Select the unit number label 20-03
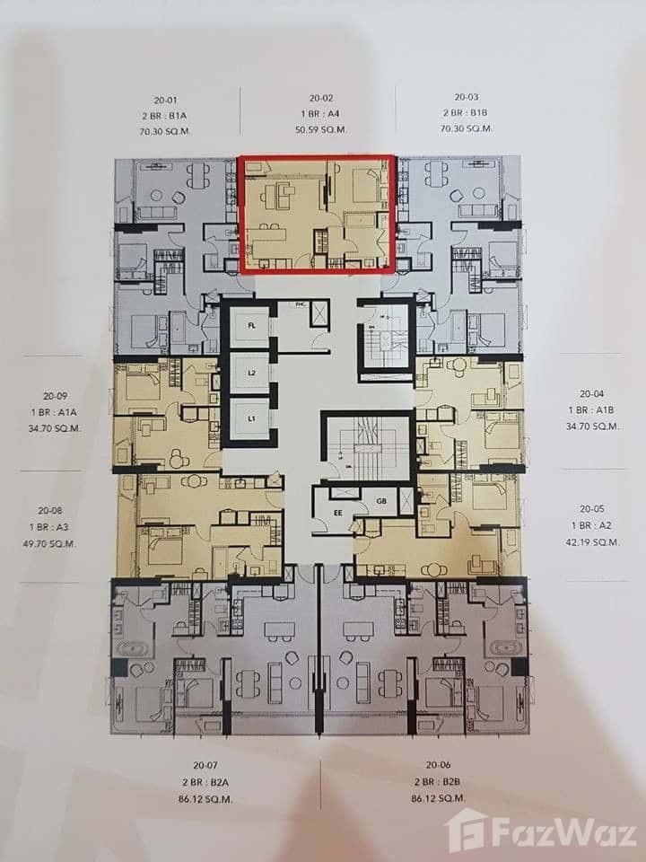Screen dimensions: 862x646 tap(466, 97)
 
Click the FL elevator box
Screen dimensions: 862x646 tap(252, 328)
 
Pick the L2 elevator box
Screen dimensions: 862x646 tap(252, 372)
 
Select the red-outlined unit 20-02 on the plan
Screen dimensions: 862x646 tap(317, 214)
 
